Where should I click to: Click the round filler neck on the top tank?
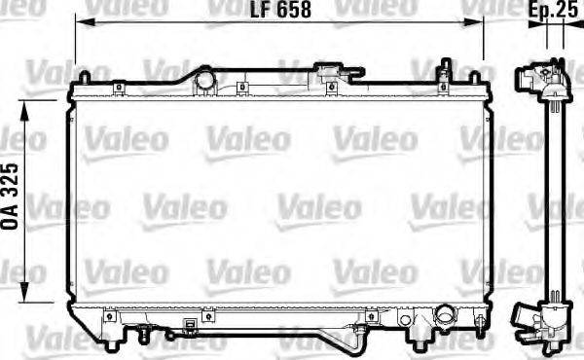pos(204,79)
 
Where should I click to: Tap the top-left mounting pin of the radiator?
pos(84,76)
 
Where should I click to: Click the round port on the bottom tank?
pos(445,317)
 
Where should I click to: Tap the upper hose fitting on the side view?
pos(533,77)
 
